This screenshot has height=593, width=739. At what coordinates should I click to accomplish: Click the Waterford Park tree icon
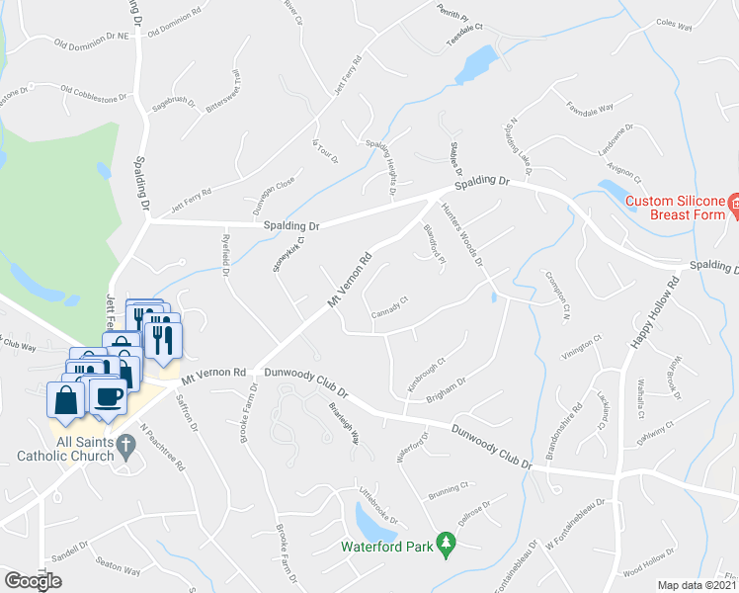(447, 543)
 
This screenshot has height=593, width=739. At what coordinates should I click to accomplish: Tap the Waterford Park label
(387, 546)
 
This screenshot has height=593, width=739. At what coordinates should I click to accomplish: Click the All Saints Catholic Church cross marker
(124, 447)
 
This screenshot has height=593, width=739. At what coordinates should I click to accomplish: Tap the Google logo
(33, 581)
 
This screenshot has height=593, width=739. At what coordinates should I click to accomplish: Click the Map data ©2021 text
(698, 585)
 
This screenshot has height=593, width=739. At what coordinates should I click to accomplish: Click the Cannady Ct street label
(389, 308)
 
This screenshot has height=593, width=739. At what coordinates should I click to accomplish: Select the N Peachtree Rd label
(163, 447)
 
